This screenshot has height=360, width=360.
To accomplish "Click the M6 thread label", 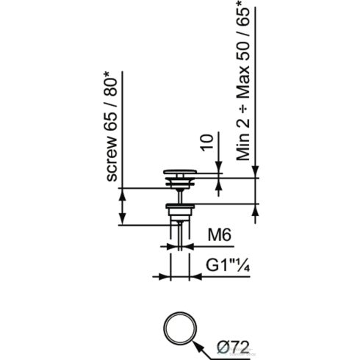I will pos(220,235).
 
